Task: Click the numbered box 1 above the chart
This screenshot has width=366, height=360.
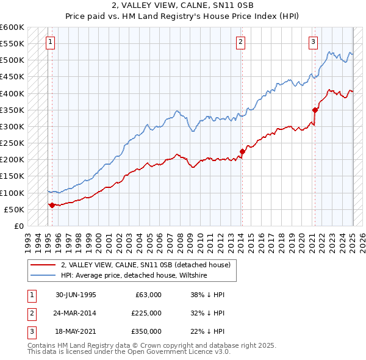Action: [49, 42]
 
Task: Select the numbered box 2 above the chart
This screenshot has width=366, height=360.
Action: [241, 42]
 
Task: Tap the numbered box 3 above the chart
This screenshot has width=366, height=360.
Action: [313, 42]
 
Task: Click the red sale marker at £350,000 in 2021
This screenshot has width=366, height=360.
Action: [315, 110]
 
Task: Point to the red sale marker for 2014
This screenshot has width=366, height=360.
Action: [242, 151]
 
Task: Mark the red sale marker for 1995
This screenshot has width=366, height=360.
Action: [52, 205]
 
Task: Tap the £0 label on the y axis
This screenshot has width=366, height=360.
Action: [18, 226]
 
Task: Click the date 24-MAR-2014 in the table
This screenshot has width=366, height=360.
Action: [76, 313]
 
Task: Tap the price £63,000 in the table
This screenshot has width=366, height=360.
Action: [147, 295]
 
